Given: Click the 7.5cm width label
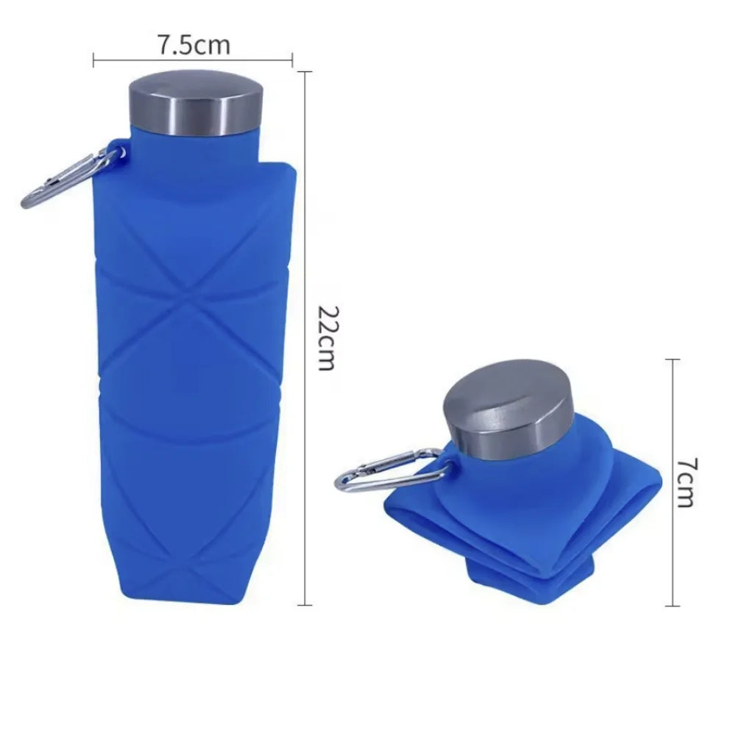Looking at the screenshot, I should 193,45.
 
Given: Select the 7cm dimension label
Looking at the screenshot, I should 685,482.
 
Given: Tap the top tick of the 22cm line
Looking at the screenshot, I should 305,71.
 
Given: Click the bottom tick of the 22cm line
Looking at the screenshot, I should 305,605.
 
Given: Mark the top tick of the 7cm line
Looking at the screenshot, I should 671,359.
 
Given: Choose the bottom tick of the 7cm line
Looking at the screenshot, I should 671,606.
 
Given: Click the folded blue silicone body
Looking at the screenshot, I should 515,515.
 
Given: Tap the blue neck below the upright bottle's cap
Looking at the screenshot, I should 195,147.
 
